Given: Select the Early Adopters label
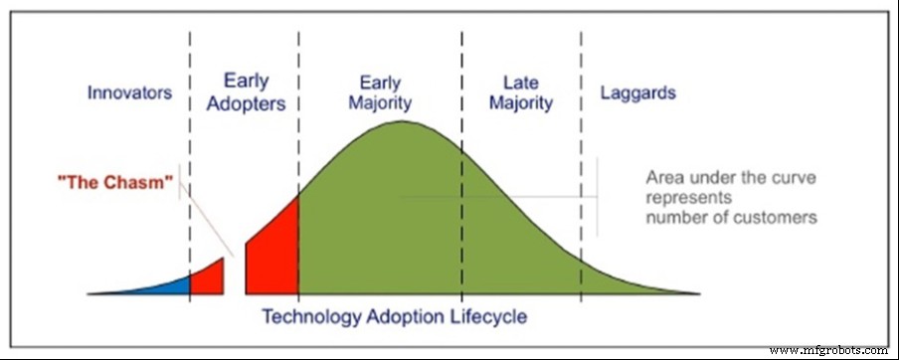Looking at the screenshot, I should pyautogui.click(x=244, y=90).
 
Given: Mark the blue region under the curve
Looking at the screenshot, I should pyautogui.click(x=169, y=286).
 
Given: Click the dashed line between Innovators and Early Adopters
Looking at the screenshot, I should pyautogui.click(x=190, y=149).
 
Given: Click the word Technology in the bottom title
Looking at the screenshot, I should pyautogui.click(x=308, y=317).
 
